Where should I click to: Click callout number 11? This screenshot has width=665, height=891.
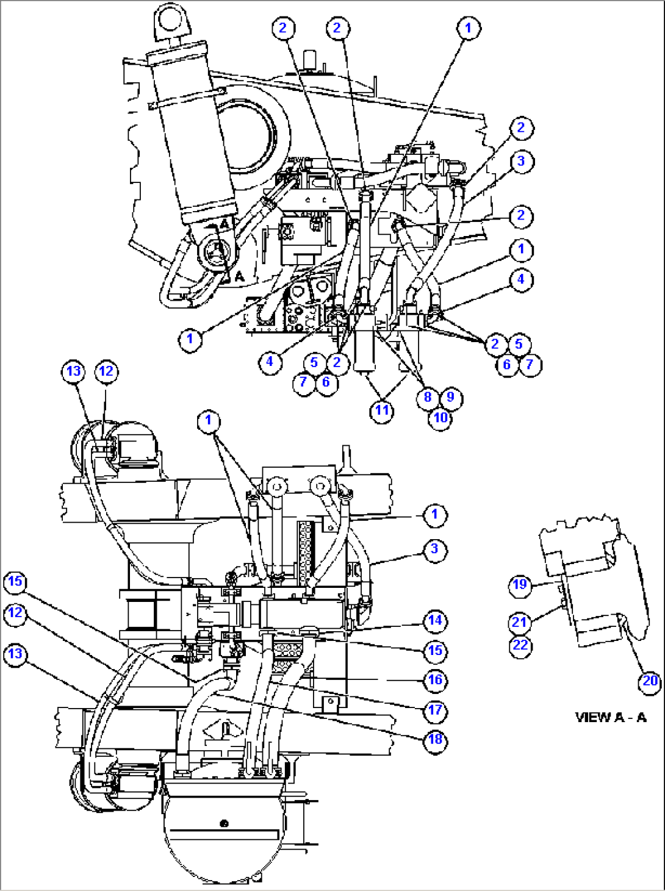pyautogui.click(x=382, y=410)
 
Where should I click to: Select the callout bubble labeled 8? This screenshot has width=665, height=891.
pyautogui.click(x=428, y=397)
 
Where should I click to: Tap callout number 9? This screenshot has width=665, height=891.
pyautogui.click(x=451, y=397)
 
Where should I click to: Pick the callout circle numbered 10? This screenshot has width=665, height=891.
pyautogui.click(x=440, y=418)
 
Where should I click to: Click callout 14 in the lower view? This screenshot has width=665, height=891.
pyautogui.click(x=435, y=621)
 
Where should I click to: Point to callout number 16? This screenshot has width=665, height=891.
pyautogui.click(x=435, y=679)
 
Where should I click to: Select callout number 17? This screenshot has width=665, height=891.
pyautogui.click(x=435, y=710)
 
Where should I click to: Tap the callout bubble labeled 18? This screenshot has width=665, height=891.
pyautogui.click(x=435, y=739)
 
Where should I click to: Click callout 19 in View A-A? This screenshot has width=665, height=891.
pyautogui.click(x=520, y=585)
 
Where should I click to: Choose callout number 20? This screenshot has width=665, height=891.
pyautogui.click(x=650, y=681)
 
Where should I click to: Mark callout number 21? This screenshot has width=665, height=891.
pyautogui.click(x=520, y=622)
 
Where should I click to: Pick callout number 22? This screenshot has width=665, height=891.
pyautogui.click(x=520, y=645)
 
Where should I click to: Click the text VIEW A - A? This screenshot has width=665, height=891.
pyautogui.click(x=610, y=717)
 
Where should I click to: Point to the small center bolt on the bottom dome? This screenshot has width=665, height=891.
pyautogui.click(x=224, y=823)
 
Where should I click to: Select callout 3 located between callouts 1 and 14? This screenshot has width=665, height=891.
pyautogui.click(x=435, y=549)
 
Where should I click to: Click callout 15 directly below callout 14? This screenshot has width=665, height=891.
pyautogui.click(x=435, y=651)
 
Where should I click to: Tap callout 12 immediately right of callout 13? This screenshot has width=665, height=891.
pyautogui.click(x=106, y=371)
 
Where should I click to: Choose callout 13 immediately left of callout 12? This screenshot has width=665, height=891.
pyautogui.click(x=73, y=371)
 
